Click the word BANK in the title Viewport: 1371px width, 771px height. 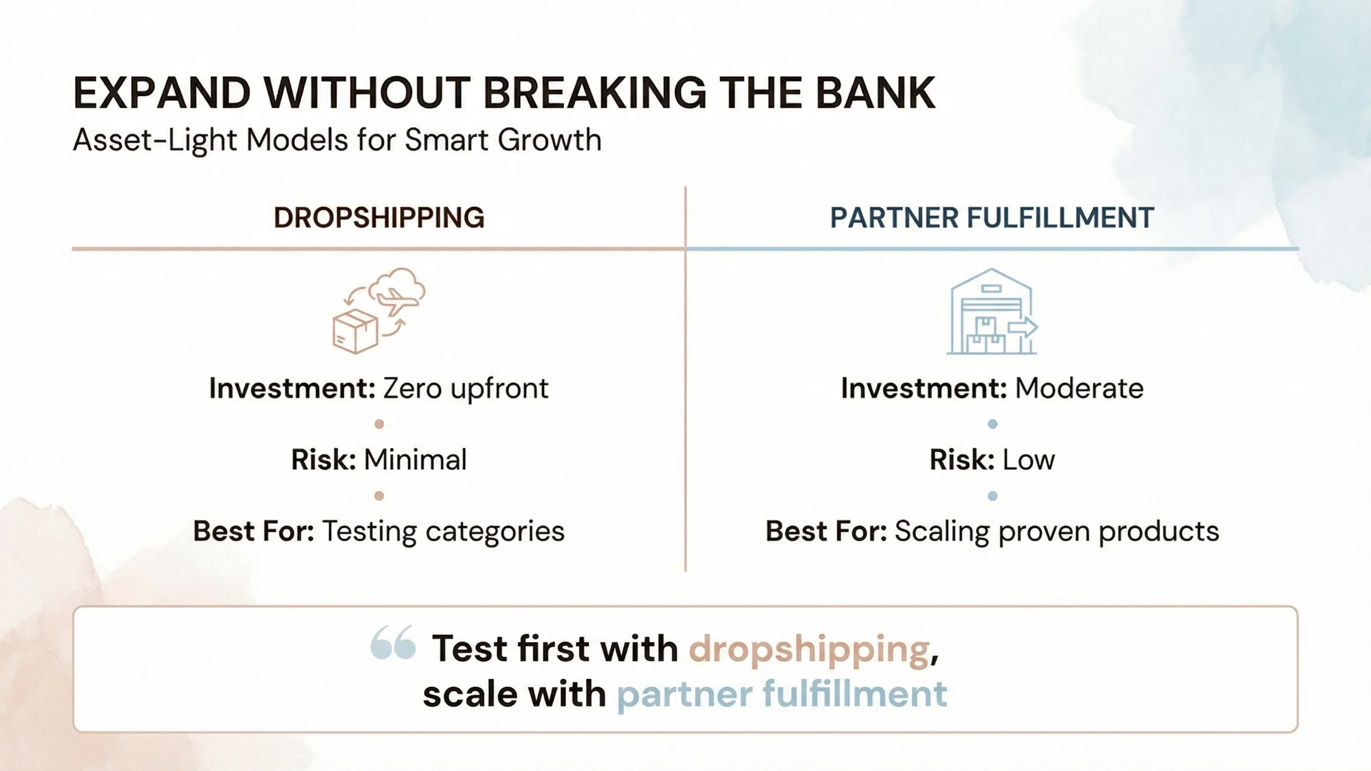875,94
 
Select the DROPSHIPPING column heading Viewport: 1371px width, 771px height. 379,218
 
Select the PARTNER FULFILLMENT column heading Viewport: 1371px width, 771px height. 992,218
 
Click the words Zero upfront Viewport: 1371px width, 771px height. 465,389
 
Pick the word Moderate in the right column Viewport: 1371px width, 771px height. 1079,389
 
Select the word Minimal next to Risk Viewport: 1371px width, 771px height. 415,460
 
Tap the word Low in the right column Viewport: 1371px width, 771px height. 1028,460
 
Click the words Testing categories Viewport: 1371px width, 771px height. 443,531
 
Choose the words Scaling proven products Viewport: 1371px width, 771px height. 1056,531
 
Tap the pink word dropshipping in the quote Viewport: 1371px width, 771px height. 809,649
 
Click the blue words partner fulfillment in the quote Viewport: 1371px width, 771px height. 782,694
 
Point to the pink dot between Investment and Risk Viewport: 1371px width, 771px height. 379,424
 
